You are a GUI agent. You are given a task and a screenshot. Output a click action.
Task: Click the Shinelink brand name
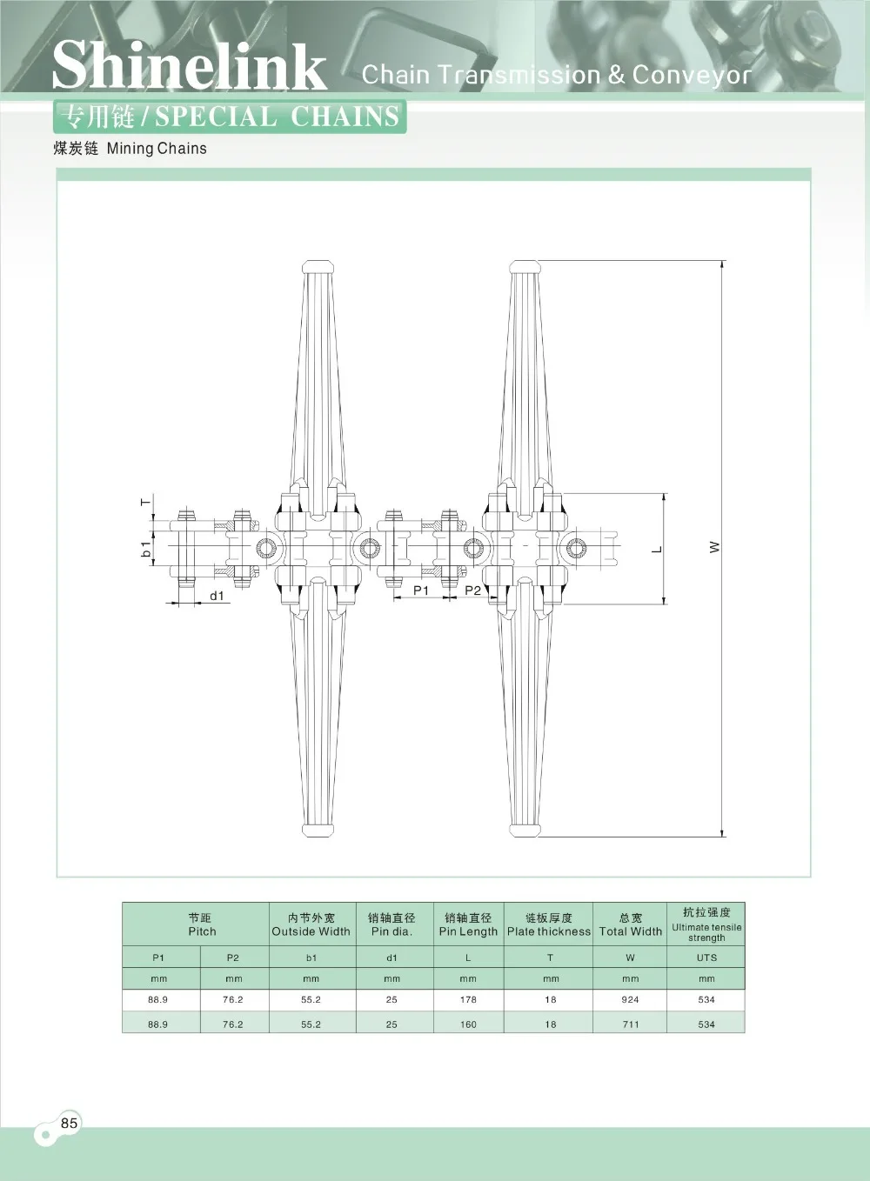tap(189, 66)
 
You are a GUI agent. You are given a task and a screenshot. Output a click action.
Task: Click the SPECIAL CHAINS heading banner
tap(230, 117)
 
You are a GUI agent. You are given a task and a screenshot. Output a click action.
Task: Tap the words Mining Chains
tap(157, 149)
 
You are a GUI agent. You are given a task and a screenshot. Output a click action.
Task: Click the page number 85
tap(70, 1123)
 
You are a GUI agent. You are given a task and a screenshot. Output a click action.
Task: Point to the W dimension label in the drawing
tap(714, 547)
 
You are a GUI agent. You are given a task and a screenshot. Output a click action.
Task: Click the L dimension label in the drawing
tap(657, 549)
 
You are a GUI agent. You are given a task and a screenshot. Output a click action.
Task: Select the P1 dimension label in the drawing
tap(421, 590)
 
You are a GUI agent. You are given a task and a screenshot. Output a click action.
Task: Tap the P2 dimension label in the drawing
tap(472, 590)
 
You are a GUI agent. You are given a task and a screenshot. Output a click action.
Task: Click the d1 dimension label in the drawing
tap(217, 596)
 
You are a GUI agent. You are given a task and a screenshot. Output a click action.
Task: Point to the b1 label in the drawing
tap(146, 549)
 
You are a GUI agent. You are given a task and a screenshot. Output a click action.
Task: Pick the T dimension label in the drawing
tap(146, 503)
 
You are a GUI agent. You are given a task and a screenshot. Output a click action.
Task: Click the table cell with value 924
tap(630, 999)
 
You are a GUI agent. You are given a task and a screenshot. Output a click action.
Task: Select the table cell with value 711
tap(630, 1024)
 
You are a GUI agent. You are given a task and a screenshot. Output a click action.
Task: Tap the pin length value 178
tap(468, 999)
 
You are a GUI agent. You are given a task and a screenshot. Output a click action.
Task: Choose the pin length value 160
tap(468, 1024)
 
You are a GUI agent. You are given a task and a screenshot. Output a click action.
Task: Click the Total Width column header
tap(630, 924)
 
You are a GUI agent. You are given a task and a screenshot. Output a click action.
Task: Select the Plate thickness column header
tap(549, 924)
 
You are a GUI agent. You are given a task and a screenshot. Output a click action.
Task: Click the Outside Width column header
tap(311, 924)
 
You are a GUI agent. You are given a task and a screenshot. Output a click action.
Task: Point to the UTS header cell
tap(706, 957)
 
